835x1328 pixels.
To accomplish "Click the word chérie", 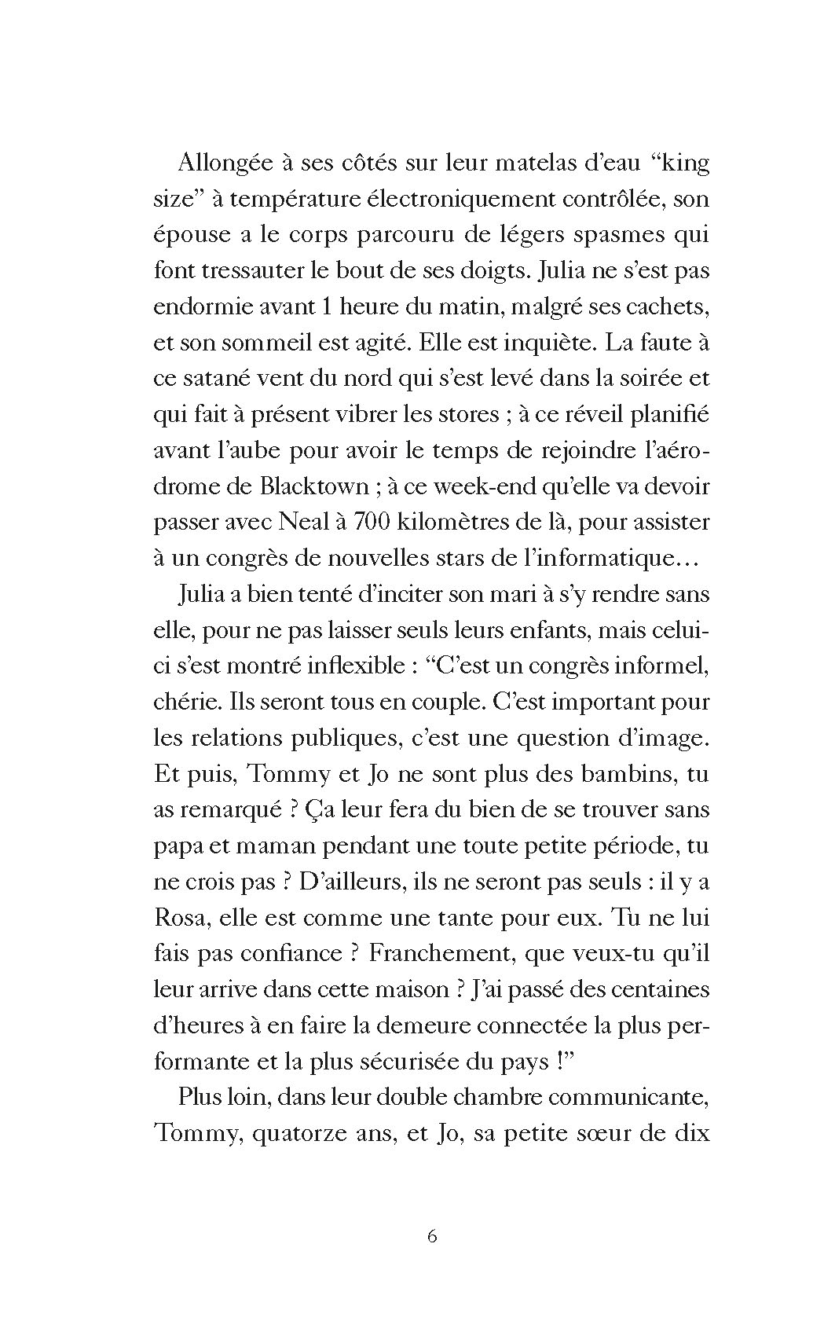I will [185, 702].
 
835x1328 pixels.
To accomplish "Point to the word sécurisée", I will [427, 1061].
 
